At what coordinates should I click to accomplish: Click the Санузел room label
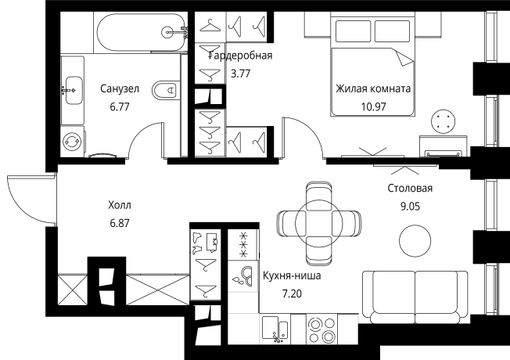click(120, 88)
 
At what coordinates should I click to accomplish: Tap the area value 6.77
click(120, 106)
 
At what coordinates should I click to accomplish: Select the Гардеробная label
click(241, 56)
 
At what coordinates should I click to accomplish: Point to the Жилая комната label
click(373, 88)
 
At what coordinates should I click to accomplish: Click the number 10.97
click(373, 106)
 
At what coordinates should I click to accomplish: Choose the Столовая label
click(410, 188)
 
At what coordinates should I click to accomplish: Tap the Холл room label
click(120, 205)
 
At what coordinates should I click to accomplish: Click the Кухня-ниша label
click(292, 275)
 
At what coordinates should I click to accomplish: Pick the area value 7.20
click(292, 293)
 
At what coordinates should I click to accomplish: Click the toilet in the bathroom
click(164, 89)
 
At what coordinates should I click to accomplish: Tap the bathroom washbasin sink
click(74, 90)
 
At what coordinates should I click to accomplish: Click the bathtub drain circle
click(167, 32)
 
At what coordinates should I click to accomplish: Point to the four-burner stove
click(321, 329)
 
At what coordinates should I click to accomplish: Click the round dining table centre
click(319, 224)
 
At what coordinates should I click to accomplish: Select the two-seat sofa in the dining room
click(415, 297)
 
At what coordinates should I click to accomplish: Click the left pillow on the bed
click(354, 31)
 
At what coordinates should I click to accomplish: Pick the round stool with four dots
click(443, 121)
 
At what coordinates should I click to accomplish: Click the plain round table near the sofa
click(415, 241)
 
